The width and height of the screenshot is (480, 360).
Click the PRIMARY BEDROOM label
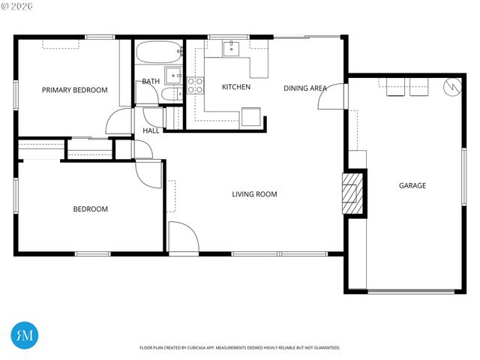[x=74, y=90]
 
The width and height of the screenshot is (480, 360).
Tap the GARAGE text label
[x=412, y=185]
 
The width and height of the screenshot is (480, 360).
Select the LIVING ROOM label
[x=254, y=194]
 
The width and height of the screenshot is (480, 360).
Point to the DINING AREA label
[x=304, y=88]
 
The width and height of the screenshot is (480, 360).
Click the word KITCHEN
[x=235, y=87]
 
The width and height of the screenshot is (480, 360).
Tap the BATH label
[x=150, y=81]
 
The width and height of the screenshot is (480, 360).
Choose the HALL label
[x=151, y=130]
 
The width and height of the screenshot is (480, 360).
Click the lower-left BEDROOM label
[x=90, y=209]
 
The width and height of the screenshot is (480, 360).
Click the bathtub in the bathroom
[x=159, y=54]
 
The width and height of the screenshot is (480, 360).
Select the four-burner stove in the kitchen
[x=195, y=85]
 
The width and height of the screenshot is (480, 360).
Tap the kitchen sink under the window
[x=230, y=49]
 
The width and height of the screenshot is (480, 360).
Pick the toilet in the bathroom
[x=172, y=94]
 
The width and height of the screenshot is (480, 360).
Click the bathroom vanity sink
[x=173, y=74]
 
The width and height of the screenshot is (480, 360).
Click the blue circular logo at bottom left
[x=25, y=334]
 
